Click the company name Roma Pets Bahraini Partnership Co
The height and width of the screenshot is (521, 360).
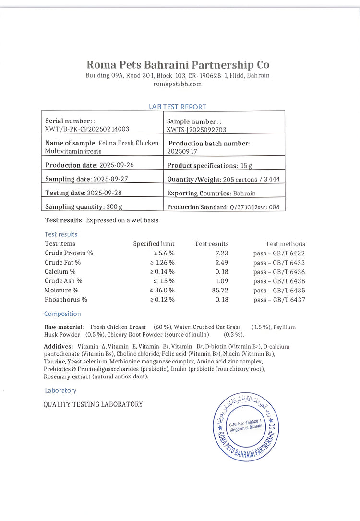[178, 65]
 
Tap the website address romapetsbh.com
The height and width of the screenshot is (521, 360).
[178, 84]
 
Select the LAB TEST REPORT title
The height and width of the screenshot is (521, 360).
[178, 107]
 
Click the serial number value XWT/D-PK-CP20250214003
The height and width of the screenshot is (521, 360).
[87, 129]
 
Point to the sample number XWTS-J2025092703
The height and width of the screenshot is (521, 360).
[196, 130]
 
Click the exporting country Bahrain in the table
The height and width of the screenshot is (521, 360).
[244, 194]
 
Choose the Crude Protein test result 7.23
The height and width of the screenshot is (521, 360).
[221, 254]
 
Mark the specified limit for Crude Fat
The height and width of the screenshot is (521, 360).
[163, 263]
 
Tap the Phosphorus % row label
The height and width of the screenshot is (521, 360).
[66, 300]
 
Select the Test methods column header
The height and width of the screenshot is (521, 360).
[285, 244]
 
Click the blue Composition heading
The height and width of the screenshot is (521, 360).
[62, 314]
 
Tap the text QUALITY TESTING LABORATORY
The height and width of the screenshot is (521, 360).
[93, 404]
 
